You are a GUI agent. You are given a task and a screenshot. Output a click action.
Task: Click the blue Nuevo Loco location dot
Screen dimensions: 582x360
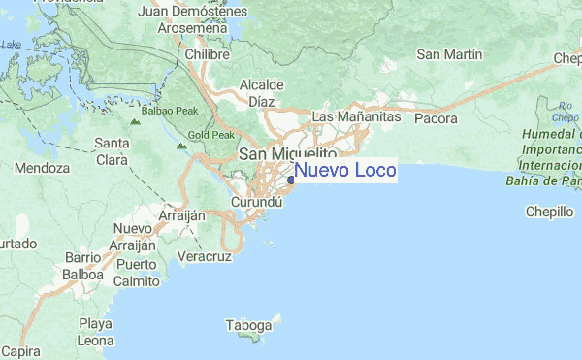pos(291,179)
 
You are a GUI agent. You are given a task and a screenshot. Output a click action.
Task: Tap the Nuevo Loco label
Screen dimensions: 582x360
pos(345,172)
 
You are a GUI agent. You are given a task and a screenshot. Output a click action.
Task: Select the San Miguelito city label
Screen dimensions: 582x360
pos(287,154)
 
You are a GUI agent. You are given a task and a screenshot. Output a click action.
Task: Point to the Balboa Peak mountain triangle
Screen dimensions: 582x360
pos(135,123)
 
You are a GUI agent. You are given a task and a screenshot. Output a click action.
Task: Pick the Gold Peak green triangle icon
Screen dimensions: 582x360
pos(182,147)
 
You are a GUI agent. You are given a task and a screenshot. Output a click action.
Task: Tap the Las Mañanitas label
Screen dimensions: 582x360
pos(356,117)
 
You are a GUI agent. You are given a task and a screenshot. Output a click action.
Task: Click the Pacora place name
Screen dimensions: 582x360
pos(436,118)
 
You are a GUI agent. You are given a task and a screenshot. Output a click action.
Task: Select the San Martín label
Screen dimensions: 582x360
pos(449,54)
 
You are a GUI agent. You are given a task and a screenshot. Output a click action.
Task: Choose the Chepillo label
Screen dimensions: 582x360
pos(550,212)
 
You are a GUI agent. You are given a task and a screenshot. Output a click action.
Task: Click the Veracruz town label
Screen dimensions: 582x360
pos(205,257)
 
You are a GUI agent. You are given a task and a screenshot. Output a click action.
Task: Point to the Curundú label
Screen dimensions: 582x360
pos(256,202)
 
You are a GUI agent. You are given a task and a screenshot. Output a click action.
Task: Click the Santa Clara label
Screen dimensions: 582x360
pos(113,153)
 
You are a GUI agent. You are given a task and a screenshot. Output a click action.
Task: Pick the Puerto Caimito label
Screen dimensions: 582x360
pos(136,273)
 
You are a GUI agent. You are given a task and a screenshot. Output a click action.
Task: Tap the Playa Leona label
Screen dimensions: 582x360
pos(96,332)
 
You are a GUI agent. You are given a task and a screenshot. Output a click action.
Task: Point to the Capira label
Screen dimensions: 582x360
pos(19,351)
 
